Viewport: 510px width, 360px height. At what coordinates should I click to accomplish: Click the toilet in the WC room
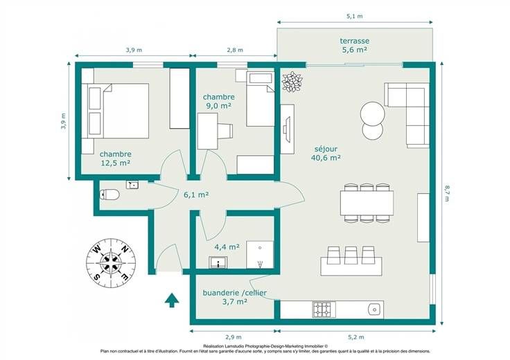tap(109, 195)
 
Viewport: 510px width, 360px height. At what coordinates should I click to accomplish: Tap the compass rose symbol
tap(111, 263)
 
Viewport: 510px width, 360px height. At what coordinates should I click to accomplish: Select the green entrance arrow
tap(172, 300)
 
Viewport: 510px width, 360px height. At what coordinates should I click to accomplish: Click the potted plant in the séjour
tap(292, 82)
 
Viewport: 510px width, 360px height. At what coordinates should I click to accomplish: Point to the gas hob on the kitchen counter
tap(324, 309)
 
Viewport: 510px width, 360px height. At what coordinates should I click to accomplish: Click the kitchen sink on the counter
tap(375, 309)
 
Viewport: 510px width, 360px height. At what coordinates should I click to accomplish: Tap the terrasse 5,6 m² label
tap(355, 45)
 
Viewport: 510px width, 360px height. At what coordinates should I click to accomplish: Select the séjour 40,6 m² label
tap(326, 154)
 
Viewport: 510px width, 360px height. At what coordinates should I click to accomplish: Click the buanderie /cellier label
tap(234, 293)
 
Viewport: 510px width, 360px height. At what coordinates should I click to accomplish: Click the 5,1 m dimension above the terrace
tap(355, 16)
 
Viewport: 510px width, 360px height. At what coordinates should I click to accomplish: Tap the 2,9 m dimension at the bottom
tap(234, 337)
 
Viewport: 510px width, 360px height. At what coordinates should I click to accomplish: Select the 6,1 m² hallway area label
tap(196, 195)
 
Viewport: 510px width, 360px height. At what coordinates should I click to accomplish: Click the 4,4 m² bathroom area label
tap(227, 247)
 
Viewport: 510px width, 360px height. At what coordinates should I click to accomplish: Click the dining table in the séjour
tap(367, 203)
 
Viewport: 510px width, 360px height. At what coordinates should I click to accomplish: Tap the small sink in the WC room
tap(132, 185)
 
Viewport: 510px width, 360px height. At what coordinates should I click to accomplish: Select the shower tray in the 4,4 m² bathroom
tap(260, 255)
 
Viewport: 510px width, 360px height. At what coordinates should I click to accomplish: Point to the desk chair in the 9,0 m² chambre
tap(226, 132)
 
